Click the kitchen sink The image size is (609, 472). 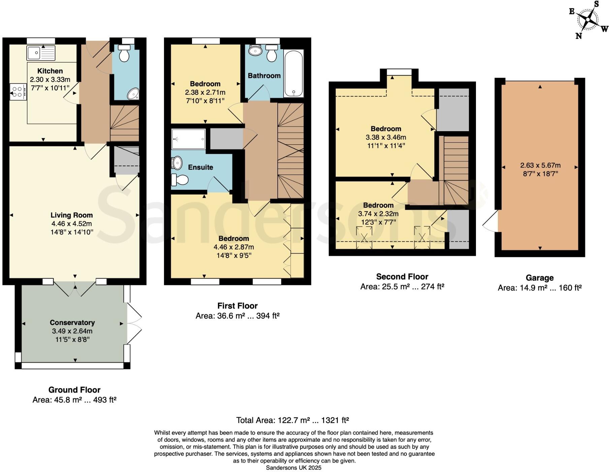(x=40, y=52)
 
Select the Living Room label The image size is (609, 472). (x=71, y=215)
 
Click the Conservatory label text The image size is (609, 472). (x=72, y=322)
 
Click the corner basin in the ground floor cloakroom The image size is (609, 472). (x=133, y=94)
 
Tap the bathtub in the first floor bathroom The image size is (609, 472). (x=294, y=73)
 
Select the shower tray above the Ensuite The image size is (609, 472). (x=188, y=139)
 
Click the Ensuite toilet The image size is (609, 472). (x=180, y=180)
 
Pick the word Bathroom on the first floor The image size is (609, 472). (x=264, y=76)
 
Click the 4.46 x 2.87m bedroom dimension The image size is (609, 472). (x=233, y=247)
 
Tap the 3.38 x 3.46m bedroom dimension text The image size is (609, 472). (x=386, y=137)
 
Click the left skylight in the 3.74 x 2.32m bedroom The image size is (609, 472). (x=364, y=237)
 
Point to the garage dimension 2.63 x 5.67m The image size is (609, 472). (x=540, y=165)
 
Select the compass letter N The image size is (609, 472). (x=579, y=36)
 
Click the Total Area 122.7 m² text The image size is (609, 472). (x=292, y=420)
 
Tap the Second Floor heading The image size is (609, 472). (x=402, y=277)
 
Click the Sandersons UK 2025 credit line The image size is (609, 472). (x=293, y=468)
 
